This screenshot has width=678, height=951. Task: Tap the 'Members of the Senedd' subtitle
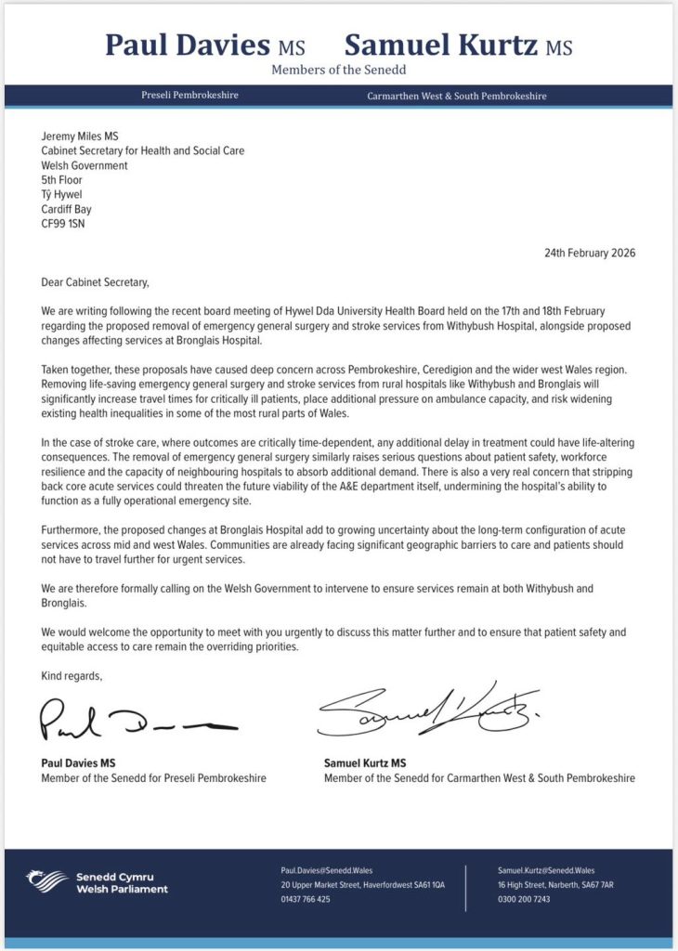click(x=338, y=71)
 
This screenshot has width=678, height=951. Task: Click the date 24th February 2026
click(x=589, y=253)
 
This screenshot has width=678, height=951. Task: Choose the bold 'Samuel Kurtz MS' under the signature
click(x=365, y=763)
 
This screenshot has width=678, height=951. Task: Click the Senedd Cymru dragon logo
click(x=46, y=881)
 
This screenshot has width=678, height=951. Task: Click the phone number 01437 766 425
click(x=306, y=899)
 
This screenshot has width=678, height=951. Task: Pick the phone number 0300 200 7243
click(x=525, y=899)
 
